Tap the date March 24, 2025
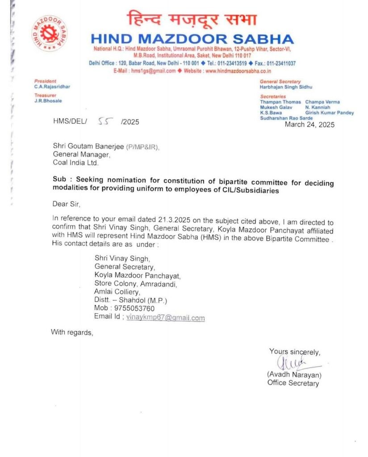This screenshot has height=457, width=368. click(309, 125)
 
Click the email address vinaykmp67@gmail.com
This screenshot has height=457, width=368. click(165, 318)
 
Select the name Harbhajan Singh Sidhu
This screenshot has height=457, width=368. click(286, 87)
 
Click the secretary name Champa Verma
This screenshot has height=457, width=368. click(322, 102)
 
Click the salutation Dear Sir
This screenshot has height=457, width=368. click(67, 204)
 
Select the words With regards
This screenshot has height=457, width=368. click(72, 332)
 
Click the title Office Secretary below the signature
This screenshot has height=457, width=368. click(293, 382)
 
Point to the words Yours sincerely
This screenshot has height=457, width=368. click(294, 351)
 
